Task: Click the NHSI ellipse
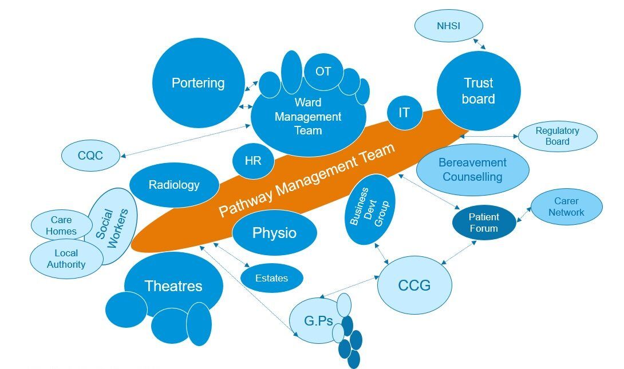point(448,26)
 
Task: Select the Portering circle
point(198,83)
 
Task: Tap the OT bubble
point(323,72)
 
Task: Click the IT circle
point(404,113)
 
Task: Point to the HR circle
point(253,161)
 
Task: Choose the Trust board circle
point(479,90)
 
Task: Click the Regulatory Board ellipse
point(557,136)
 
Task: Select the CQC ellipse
point(90,156)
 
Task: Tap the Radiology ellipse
point(174,185)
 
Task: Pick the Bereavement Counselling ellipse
point(473,170)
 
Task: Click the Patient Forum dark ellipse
point(484,223)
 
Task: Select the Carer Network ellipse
point(566,207)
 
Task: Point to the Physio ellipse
point(275,233)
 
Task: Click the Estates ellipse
point(272,278)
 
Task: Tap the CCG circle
point(414,285)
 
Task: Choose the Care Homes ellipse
point(61,225)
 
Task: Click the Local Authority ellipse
point(66,259)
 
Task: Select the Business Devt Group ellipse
point(370,209)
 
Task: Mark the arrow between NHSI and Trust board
point(479,43)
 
